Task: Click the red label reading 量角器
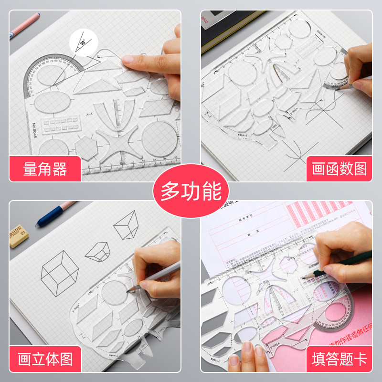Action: (x=45, y=169)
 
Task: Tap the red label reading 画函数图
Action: (x=339, y=169)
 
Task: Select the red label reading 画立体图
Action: (x=45, y=359)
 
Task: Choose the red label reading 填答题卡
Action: (x=339, y=359)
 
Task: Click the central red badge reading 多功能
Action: (x=191, y=191)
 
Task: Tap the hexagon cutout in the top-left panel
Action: (x=88, y=148)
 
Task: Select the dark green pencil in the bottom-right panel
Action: (x=344, y=263)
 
